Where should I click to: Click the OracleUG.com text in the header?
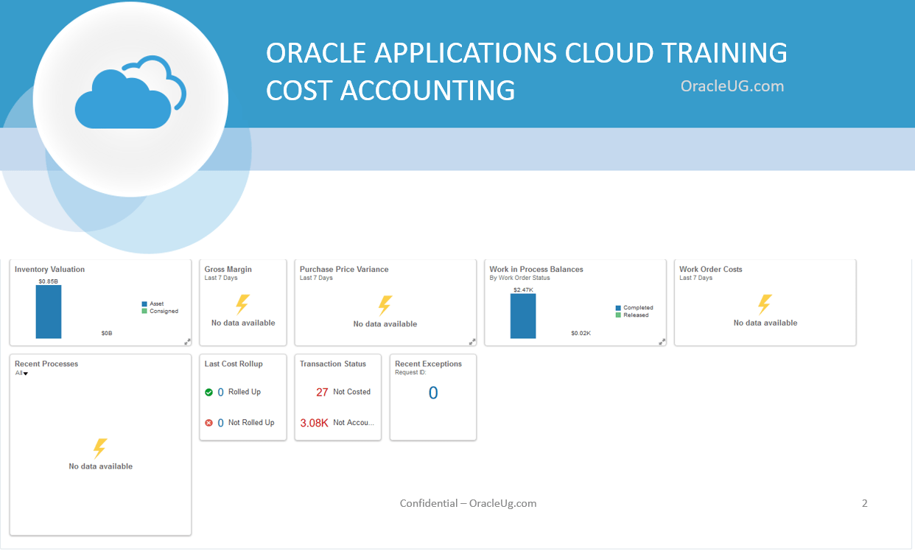[x=732, y=86]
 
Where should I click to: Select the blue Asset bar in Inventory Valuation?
[x=49, y=312]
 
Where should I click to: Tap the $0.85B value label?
[x=49, y=281]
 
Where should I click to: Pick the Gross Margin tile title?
[x=228, y=270]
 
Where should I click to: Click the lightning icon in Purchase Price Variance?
[x=385, y=306]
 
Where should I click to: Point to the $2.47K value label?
[x=523, y=290]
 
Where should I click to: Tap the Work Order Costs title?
[x=710, y=270]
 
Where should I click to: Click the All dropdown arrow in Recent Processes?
[x=25, y=374]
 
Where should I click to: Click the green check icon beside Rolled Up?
[x=208, y=393]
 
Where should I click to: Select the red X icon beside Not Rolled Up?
[x=208, y=423]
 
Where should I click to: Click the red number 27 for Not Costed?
[x=322, y=392]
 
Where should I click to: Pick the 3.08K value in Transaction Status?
[x=314, y=423]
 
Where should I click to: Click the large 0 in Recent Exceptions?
[x=433, y=393]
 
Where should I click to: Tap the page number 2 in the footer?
[x=864, y=503]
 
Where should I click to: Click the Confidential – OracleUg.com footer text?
[x=468, y=503]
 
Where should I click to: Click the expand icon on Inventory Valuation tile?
[x=187, y=341]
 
